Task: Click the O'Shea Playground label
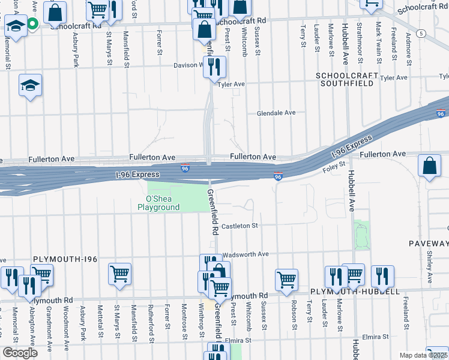158,203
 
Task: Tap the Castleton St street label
239,226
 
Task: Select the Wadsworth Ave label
246,254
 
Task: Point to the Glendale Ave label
276,113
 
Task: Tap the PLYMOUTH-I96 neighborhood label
65,259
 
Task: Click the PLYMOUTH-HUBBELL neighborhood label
355,292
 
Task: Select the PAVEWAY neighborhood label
429,244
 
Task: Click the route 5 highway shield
423,34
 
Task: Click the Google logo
20,353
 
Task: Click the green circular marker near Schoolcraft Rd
33,24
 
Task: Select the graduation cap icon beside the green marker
16,26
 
